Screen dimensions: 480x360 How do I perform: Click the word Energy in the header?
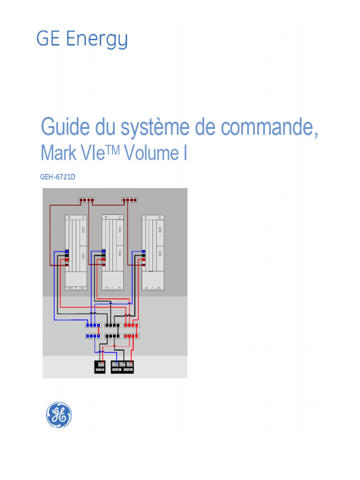pyautogui.click(x=97, y=40)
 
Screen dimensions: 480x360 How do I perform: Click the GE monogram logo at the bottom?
pyautogui.click(x=59, y=415)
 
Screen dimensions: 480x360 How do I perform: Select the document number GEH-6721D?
pyautogui.click(x=58, y=178)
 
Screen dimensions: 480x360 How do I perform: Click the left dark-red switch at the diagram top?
pyautogui.click(x=87, y=200)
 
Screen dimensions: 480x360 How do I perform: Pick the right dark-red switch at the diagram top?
pyautogui.click(x=130, y=200)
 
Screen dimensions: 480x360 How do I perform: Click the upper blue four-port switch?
pyautogui.click(x=93, y=325)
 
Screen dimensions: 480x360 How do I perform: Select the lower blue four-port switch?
pyautogui.click(x=93, y=336)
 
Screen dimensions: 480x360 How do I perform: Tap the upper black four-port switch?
pyautogui.click(x=112, y=325)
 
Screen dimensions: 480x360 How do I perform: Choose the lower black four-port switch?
pyautogui.click(x=112, y=336)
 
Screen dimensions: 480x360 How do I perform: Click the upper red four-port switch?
pyautogui.click(x=132, y=325)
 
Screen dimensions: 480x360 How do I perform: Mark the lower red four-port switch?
pyautogui.click(x=132, y=336)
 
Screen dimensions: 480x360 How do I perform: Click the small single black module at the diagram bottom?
pyautogui.click(x=100, y=367)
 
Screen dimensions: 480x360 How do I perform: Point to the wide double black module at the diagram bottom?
pyautogui.click(x=123, y=367)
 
